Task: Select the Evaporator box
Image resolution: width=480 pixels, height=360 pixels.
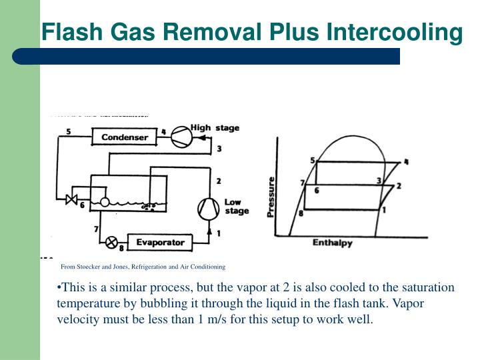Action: click(160, 242)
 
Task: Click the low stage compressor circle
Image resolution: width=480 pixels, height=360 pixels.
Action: click(209, 209)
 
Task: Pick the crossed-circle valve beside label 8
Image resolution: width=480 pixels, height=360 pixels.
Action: click(111, 242)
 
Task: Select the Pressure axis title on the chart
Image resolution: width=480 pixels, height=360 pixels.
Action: click(271, 197)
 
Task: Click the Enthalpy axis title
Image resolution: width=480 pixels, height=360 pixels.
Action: click(333, 243)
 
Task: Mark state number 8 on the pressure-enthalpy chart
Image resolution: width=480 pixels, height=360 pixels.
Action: click(301, 213)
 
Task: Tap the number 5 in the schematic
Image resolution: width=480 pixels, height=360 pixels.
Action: click(69, 131)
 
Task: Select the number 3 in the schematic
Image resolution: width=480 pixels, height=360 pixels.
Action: click(219, 148)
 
